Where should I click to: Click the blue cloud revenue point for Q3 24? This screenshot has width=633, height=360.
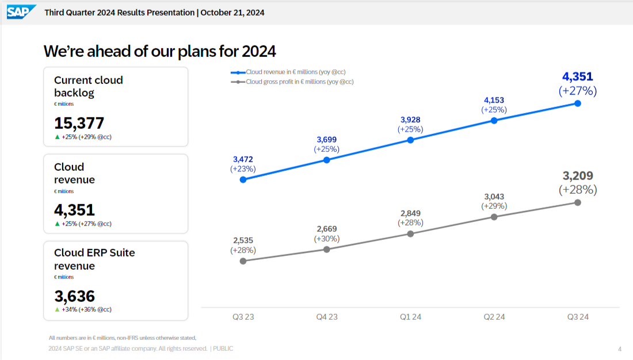578,104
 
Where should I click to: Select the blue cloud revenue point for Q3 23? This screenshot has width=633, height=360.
243,179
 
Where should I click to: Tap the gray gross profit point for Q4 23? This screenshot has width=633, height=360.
327,249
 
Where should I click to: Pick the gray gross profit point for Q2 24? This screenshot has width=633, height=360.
494,217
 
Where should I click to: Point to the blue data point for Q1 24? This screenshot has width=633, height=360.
410,140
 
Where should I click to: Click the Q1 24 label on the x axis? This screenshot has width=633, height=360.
410,317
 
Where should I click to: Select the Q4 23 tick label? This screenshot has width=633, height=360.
327,317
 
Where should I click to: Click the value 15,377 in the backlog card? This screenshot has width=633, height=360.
79,123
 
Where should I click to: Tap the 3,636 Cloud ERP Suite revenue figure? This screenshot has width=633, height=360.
75,296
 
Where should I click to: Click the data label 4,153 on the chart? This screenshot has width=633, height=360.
494,100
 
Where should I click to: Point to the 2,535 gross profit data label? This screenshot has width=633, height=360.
243,240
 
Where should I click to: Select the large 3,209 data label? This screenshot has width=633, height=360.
578,176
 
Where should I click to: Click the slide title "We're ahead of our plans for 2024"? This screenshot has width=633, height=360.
160,51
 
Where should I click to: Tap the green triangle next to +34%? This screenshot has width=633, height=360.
57,309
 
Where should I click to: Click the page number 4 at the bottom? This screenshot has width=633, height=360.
620,349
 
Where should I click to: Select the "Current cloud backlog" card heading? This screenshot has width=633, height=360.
89,86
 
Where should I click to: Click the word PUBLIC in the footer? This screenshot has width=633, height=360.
224,348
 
